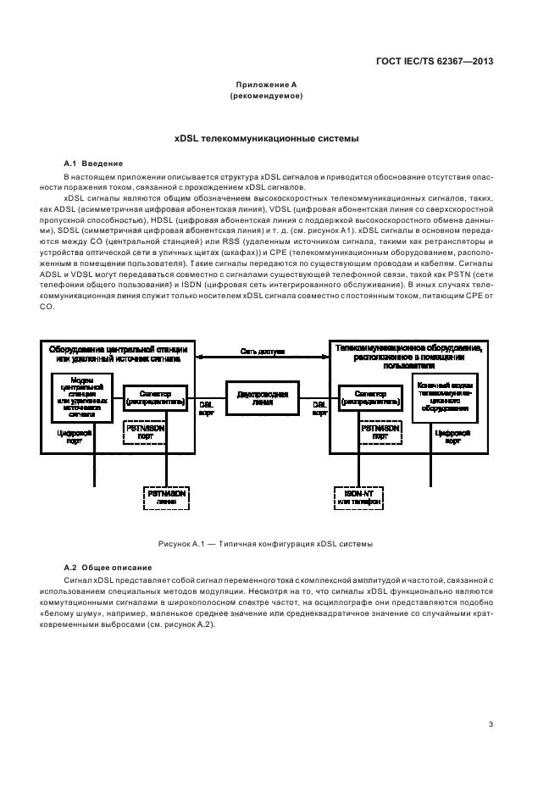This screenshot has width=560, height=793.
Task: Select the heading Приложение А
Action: pos(266,85)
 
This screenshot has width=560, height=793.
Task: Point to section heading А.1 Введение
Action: pos(94,163)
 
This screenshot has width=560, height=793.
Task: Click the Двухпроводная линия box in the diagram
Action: pos(263,399)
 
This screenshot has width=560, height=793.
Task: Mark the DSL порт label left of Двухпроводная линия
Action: pos(206,409)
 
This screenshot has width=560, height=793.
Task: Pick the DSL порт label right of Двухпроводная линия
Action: pos(319,409)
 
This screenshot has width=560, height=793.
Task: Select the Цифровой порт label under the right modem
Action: pos(446,436)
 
